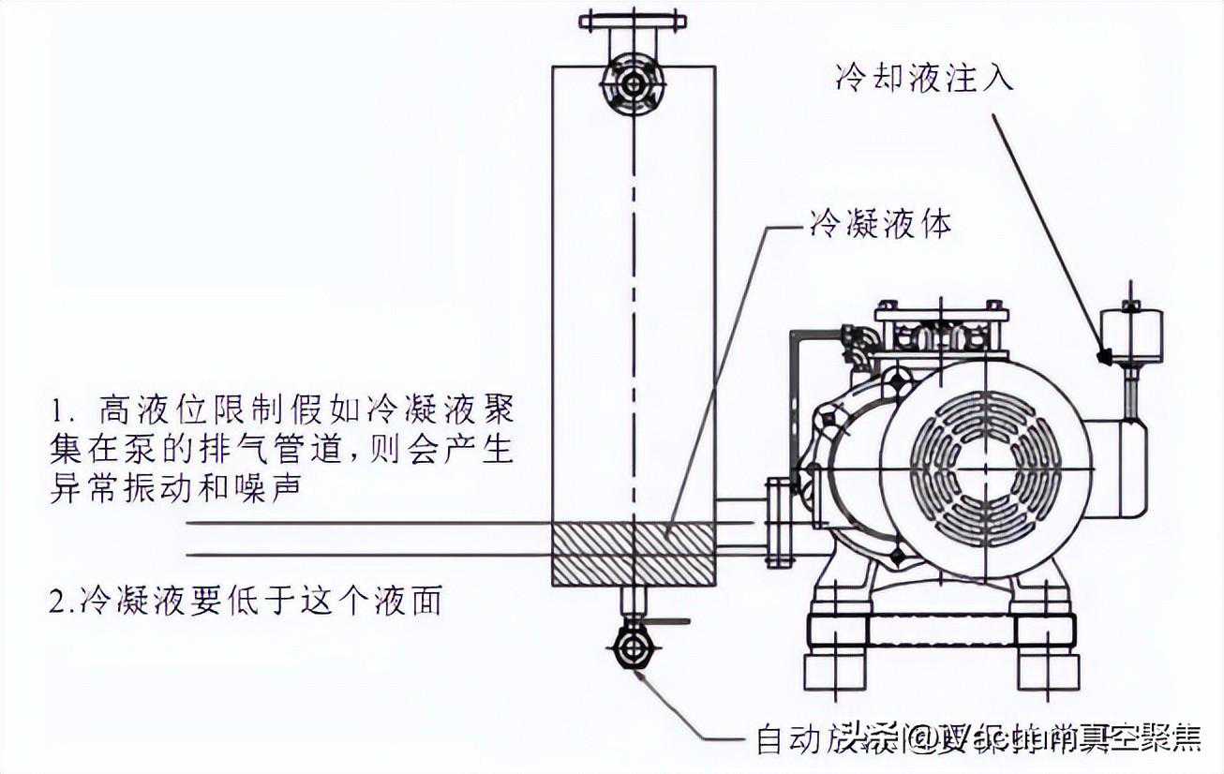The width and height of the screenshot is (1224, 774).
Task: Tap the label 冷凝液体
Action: [x=879, y=225]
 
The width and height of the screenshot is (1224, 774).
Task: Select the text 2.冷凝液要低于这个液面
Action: [x=246, y=600]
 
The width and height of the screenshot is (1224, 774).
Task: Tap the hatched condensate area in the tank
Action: [x=634, y=555]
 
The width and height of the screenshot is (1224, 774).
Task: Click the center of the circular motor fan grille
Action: [x=985, y=468]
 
